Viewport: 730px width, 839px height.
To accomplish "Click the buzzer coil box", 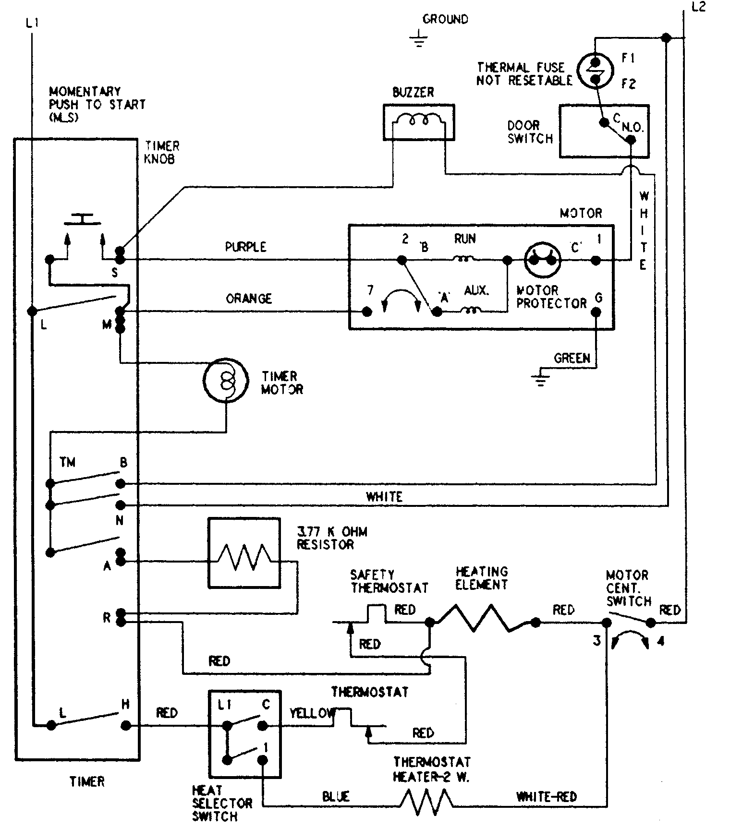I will (x=418, y=122).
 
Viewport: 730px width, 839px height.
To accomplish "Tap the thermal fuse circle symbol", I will (x=595, y=70).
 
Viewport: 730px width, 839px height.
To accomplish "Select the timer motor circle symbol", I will (x=226, y=380).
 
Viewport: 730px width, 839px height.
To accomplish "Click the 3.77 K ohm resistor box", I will (x=243, y=552).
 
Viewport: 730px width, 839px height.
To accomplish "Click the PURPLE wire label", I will (x=245, y=247).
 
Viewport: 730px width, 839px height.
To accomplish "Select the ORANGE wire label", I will (x=249, y=299).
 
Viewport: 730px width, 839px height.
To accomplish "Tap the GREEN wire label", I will (x=572, y=358).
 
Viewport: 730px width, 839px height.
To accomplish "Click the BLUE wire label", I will (x=336, y=797).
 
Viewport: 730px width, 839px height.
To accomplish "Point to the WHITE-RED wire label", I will (x=546, y=797).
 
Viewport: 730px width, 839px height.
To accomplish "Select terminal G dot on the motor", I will (x=596, y=312).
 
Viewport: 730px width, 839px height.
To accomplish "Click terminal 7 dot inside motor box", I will (x=367, y=312).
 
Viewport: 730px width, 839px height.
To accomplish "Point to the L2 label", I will (x=699, y=8).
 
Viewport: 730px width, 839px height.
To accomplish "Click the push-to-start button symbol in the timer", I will (x=83, y=220).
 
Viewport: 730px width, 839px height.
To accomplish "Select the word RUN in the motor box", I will (x=464, y=239).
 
